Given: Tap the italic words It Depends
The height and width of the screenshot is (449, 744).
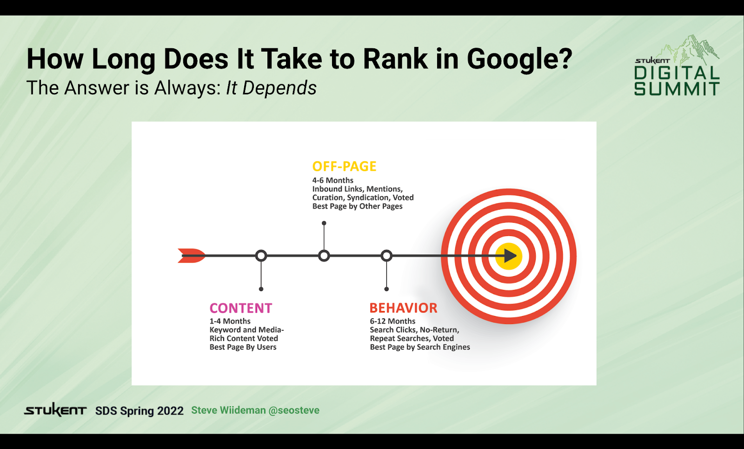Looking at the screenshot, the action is (x=271, y=88).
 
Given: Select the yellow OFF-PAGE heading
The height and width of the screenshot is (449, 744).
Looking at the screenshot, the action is (x=344, y=166).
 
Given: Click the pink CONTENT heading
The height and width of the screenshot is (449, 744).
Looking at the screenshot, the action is (x=241, y=308).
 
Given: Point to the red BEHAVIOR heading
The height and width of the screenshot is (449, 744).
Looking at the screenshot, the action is (x=403, y=308).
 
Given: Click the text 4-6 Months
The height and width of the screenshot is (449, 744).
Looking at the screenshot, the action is (x=332, y=180).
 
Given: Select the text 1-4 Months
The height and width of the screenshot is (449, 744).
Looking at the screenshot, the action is (x=230, y=321).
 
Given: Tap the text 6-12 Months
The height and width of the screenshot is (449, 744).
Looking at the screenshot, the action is (x=392, y=321).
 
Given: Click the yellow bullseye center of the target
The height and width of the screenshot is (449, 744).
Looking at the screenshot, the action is (x=509, y=256).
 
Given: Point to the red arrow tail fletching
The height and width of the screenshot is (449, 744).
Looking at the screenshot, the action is (x=191, y=256).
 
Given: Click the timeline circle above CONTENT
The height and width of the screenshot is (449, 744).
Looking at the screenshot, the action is (x=261, y=256).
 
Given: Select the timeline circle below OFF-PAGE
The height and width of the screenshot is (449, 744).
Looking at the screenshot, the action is (x=324, y=256).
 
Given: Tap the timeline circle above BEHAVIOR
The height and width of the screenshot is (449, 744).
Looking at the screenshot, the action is (x=386, y=256).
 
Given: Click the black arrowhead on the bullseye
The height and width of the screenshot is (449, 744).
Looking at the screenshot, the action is (x=510, y=256).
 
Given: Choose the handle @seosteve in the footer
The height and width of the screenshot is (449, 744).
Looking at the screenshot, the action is (x=294, y=410).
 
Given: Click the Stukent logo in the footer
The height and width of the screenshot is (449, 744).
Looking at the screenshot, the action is (x=55, y=410).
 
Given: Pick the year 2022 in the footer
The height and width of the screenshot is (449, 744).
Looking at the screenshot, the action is (x=170, y=411).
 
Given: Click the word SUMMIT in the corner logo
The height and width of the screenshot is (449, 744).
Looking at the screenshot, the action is (x=677, y=89).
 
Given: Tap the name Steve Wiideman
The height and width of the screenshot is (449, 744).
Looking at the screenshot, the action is (x=228, y=410).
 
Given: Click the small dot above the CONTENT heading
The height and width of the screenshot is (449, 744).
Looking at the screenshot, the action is (x=261, y=289).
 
